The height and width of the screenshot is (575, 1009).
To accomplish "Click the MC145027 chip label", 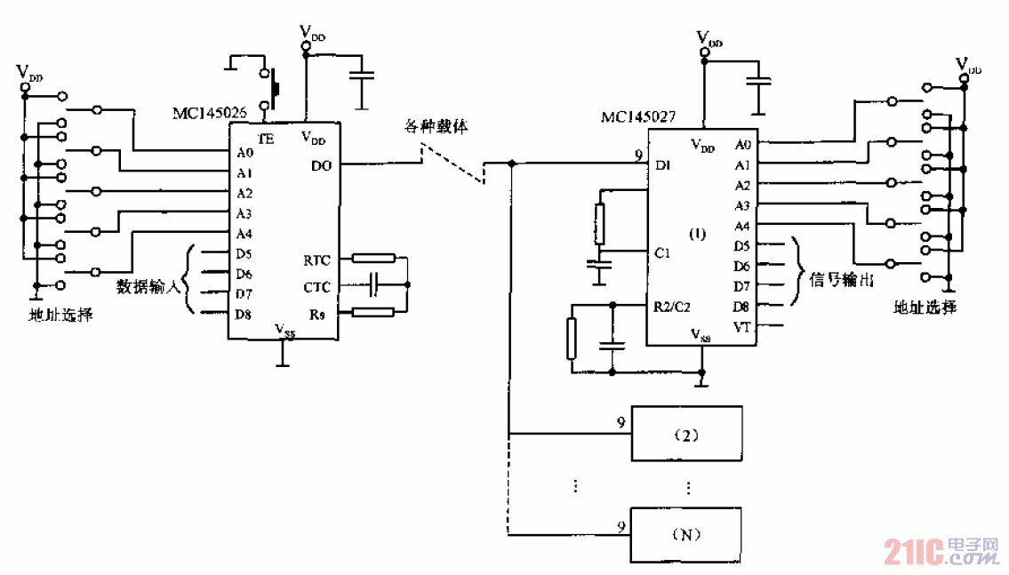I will click(x=637, y=116).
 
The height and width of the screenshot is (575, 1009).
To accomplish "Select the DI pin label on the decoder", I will click(x=662, y=165).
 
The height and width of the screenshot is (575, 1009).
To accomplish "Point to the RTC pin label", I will click(x=316, y=260).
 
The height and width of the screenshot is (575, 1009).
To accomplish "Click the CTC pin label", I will click(x=316, y=287).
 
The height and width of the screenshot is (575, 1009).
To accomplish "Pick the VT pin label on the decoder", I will click(x=742, y=328).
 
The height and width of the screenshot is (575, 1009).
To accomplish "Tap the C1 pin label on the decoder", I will click(x=662, y=253).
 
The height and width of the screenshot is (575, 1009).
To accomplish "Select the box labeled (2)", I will click(x=686, y=435).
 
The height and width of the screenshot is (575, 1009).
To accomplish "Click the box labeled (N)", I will click(x=686, y=535).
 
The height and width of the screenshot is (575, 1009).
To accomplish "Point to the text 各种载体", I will click(x=430, y=127).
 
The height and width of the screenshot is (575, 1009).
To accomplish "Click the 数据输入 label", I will click(x=148, y=287).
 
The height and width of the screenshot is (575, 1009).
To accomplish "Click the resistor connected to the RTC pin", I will click(x=373, y=259).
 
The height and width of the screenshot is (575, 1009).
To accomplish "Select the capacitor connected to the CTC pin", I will click(x=373, y=285).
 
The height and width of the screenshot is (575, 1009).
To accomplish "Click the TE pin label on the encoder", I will click(x=266, y=139).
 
